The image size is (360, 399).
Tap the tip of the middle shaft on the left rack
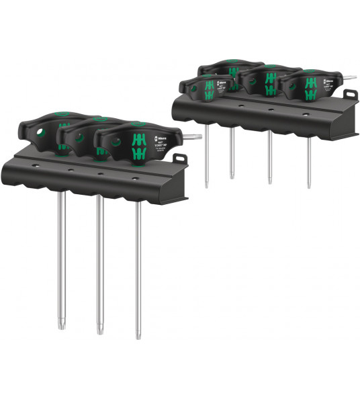pyautogui.click(x=100, y=330)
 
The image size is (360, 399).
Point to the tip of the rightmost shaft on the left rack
pyautogui.click(x=139, y=336)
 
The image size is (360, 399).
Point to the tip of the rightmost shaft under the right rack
pyautogui.click(x=309, y=186)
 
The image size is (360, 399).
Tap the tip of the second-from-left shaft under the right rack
pyautogui.click(x=232, y=177)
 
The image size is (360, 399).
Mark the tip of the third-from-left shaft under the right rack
pyautogui.click(x=270, y=182)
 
